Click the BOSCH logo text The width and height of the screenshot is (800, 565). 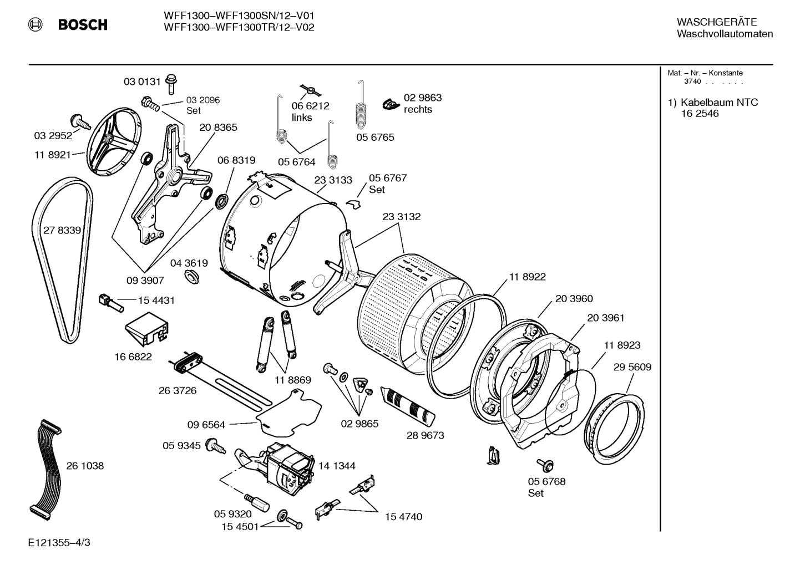pos(82,25)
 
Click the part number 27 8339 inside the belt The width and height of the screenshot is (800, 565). pos(62,230)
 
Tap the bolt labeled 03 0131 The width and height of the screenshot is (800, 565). pos(171,83)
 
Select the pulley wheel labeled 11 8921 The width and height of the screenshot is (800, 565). pos(113,141)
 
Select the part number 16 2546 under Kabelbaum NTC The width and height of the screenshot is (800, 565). pos(700,114)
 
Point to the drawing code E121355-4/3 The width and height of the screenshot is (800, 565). pos(59,542)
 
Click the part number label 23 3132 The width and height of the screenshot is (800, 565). pos(401,217)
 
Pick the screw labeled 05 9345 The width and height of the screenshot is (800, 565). pos(215,445)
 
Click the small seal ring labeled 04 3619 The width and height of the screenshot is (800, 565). pos(192,277)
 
